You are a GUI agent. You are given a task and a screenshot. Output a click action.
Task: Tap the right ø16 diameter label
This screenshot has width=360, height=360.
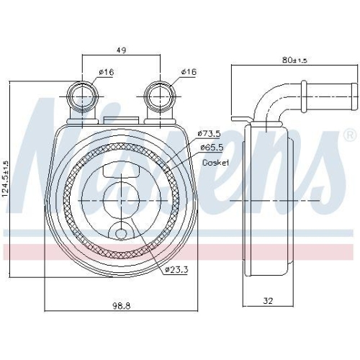pos(188,72)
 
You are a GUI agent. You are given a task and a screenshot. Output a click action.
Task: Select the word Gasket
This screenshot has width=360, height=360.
pos(215,163)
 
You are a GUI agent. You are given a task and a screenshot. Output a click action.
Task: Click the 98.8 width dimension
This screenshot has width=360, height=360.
pos(120,307)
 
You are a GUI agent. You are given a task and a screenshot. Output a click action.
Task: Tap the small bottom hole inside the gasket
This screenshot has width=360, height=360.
pos(120,232)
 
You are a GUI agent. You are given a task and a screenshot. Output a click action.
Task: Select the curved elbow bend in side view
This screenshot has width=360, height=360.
pos(274,104)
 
